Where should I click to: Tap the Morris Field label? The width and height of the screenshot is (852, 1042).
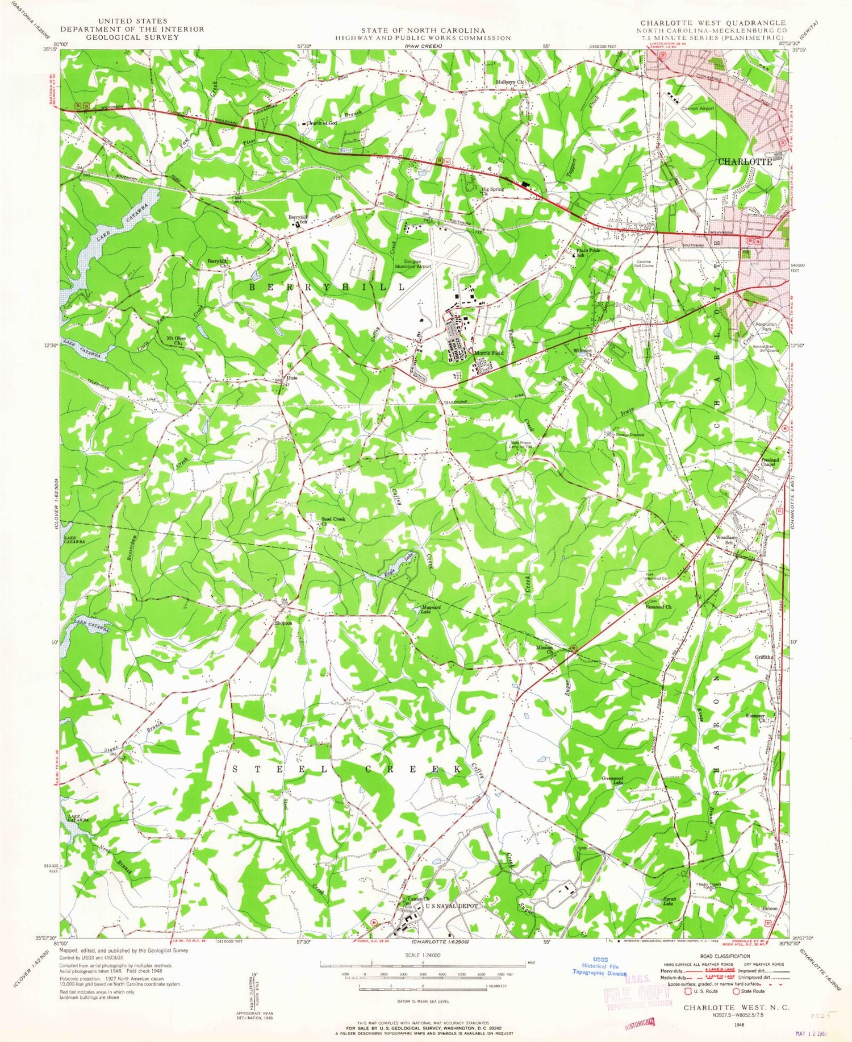click(x=488, y=353)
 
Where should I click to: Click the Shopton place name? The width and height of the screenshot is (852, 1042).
click(x=283, y=623)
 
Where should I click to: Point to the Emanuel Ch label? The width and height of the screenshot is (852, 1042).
click(x=658, y=607)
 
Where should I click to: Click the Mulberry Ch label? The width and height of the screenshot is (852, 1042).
click(x=512, y=82)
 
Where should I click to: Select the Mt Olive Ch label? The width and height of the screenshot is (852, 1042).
click(x=176, y=341)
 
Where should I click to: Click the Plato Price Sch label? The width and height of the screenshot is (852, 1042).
click(x=588, y=252)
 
